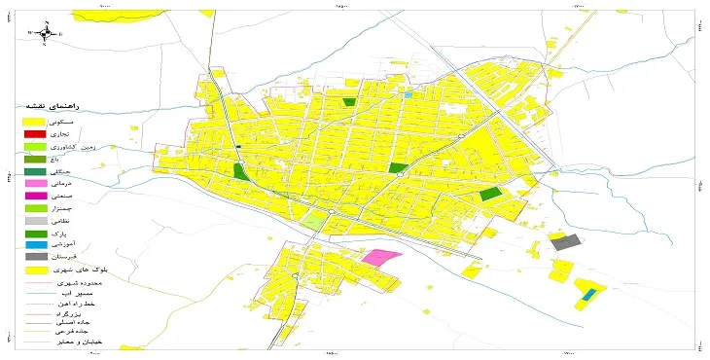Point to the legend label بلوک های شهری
click(x=77, y=270)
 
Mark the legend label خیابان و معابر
click(x=77, y=342)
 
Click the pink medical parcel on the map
click(x=356, y=259)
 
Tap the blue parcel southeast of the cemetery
click(x=588, y=293)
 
